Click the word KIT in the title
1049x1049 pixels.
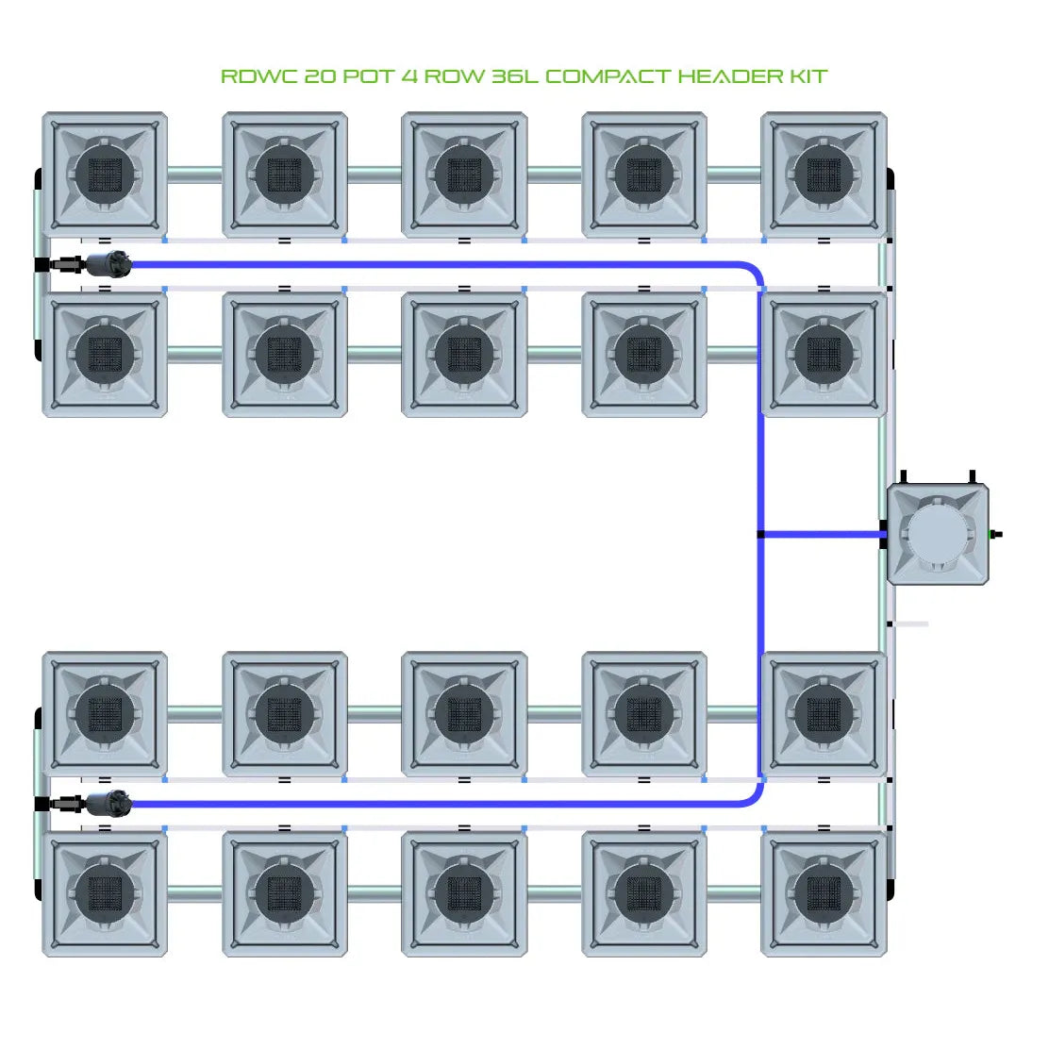(x=808, y=76)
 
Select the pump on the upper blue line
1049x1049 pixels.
(x=106, y=265)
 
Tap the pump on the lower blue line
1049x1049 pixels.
(x=106, y=805)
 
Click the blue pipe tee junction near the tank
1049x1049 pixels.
(x=761, y=535)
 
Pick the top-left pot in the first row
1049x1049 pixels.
(x=105, y=175)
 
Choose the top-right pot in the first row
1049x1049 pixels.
(x=824, y=175)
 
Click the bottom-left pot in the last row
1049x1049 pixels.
(x=105, y=893)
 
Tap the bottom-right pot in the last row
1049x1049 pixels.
(x=824, y=893)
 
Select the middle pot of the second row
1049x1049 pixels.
(x=464, y=355)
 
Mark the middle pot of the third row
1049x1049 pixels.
(x=464, y=714)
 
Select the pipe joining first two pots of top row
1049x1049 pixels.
(x=194, y=175)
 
